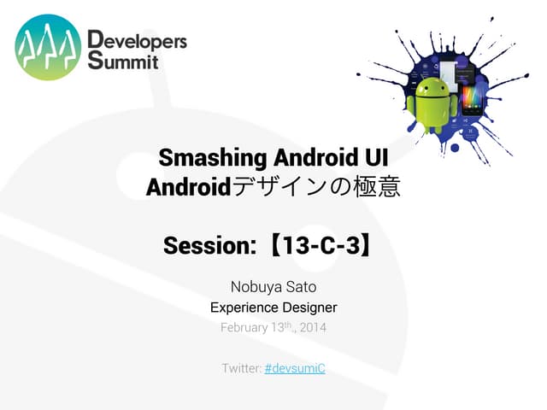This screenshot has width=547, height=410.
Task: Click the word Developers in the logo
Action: coord(137,40)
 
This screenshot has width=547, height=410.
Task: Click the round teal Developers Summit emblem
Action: coord(48,48)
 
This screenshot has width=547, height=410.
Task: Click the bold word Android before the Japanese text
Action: coord(189,186)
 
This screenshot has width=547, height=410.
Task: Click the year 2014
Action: coord(311,328)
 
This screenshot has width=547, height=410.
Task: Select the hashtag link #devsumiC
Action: coord(295,368)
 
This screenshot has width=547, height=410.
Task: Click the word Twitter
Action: coord(240,368)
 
